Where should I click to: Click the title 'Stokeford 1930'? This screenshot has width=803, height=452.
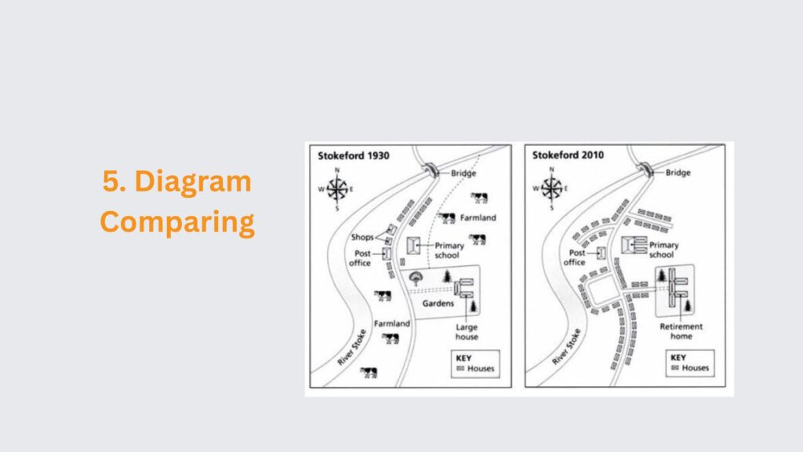tap(354, 156)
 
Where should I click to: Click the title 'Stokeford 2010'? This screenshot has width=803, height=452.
tap(568, 155)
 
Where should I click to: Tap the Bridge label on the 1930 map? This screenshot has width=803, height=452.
tap(463, 173)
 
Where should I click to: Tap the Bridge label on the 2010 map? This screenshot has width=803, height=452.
tap(678, 173)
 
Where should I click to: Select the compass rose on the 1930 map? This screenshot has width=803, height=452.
tap(337, 189)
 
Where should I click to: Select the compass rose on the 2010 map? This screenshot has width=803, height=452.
tap(551, 188)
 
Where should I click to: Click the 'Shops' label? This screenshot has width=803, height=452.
tap(362, 237)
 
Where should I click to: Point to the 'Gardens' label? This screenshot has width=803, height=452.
tap(438, 304)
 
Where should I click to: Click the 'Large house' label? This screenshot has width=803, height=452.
tap(467, 332)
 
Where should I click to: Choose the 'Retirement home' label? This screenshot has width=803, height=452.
tap(681, 332)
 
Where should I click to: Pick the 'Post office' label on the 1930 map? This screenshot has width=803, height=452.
tap(361, 257)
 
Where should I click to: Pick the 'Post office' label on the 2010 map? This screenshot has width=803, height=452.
tap(575, 257)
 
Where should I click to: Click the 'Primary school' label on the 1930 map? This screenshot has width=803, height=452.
tap(449, 250)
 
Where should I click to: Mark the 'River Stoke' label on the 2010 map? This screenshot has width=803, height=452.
tap(566, 347)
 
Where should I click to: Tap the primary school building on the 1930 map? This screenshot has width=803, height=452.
tap(413, 246)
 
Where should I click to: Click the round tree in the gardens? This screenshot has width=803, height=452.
tap(416, 279)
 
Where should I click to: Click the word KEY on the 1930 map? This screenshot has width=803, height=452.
tap(463, 358)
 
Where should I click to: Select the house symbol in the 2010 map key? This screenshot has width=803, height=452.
tap(675, 368)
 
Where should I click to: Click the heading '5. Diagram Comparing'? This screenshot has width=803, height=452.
tap(177, 202)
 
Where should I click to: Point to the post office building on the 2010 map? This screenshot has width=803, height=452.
tap(601, 253)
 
